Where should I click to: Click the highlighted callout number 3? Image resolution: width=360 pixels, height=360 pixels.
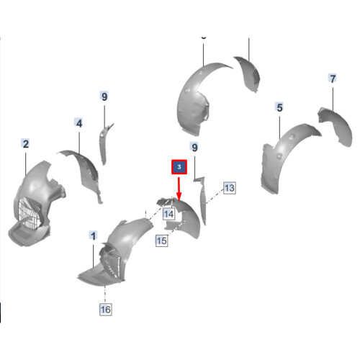tap(179, 168)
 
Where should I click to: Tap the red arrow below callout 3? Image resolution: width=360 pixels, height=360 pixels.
tap(179, 189)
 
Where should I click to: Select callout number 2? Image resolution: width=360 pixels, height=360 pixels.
tap(25, 145)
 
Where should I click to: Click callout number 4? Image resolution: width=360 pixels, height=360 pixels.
tap(79, 124)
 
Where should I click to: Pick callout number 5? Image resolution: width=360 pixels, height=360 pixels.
tap(279, 107)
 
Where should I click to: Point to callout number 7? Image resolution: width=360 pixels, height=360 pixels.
tap(332, 78)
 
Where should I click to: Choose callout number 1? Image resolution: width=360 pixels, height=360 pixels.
tap(93, 235)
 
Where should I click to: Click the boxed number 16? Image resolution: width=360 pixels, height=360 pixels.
tap(106, 310)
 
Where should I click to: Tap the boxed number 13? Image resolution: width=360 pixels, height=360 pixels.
tap(229, 188)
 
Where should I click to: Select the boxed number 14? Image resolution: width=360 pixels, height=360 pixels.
tap(168, 214)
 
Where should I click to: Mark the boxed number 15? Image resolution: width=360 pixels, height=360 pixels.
tap(162, 241)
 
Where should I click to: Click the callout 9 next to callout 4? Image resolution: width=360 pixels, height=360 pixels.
tap(104, 96)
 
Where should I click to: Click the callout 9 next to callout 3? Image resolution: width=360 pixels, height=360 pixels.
tap(194, 148)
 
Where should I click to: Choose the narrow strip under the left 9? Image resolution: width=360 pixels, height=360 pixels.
tap(104, 144)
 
